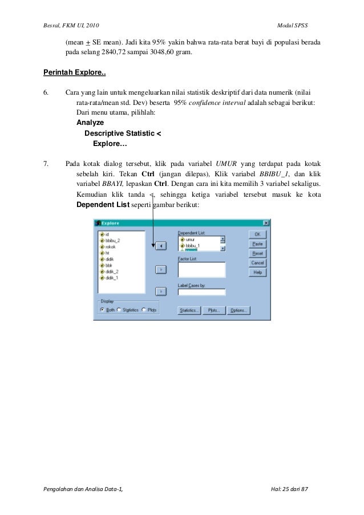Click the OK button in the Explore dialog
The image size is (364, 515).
(x=257, y=234)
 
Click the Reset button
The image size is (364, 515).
(x=257, y=253)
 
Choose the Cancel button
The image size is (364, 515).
(x=257, y=263)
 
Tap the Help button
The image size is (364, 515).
(x=257, y=273)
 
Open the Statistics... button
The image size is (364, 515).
(x=189, y=310)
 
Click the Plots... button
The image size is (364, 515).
(x=213, y=310)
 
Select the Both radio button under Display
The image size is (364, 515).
(x=103, y=310)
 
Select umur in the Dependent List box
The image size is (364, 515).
(x=190, y=240)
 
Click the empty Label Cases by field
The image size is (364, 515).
(x=201, y=293)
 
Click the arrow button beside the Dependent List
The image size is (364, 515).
(x=161, y=245)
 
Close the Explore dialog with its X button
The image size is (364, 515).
(x=266, y=223)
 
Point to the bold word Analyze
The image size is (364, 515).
(x=90, y=123)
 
